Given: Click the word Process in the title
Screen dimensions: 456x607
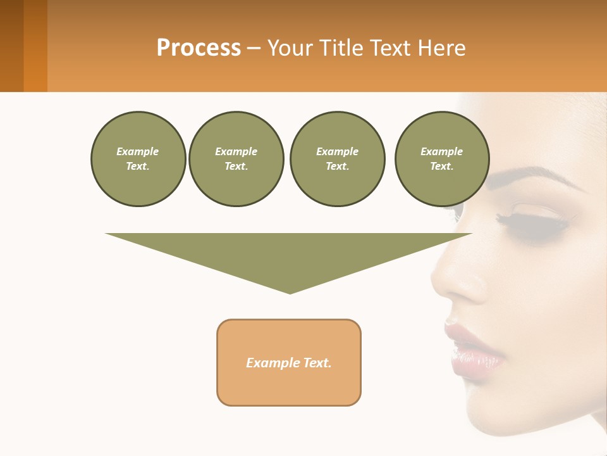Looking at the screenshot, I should pos(199,48).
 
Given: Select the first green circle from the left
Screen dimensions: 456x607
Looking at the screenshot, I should pos(138,159).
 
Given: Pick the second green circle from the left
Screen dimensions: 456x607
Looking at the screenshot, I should pos(236,159).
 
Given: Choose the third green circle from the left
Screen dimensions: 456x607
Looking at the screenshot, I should pos(337,159).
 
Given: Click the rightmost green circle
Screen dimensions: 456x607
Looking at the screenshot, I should pos(441,159).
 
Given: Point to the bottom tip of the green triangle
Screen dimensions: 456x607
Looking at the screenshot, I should pos(290,293).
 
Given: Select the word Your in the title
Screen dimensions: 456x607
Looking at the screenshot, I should pos(290,48).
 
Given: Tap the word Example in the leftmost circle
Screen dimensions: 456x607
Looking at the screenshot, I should pos(138,151).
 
